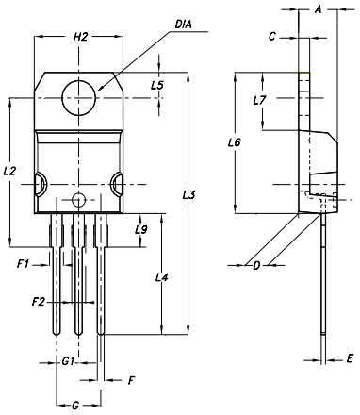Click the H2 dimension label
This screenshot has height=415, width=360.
[80, 37]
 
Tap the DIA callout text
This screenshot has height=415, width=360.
[183, 25]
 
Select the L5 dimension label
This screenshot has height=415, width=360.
[157, 85]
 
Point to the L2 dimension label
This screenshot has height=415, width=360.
[9, 172]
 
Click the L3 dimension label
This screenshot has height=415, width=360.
[189, 195]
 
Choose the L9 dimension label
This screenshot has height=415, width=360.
[141, 230]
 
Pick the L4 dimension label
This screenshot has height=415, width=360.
[162, 277]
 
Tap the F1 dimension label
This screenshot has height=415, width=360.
[23, 264]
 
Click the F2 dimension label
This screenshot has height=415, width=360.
[39, 302]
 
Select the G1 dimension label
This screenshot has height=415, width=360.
[68, 361]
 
